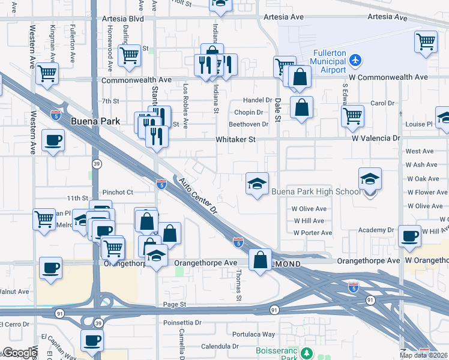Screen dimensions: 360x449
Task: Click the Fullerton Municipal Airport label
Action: coord(328,61)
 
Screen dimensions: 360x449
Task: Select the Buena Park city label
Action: coord(95,121)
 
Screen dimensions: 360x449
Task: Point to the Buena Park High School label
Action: coord(316,192)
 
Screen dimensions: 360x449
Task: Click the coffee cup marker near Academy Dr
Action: coord(410,236)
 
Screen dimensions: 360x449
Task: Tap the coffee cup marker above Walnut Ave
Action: coord(51,267)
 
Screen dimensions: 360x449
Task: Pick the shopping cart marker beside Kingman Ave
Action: coord(47,73)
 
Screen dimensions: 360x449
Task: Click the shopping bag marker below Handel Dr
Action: coord(302,108)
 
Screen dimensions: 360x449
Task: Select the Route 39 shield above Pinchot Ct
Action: coord(97,163)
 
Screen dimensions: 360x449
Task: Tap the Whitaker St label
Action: coord(236,139)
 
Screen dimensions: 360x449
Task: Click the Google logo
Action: coord(19,353)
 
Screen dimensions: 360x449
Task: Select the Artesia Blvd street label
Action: coord(123,19)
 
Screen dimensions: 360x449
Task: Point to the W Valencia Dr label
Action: coord(376,138)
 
